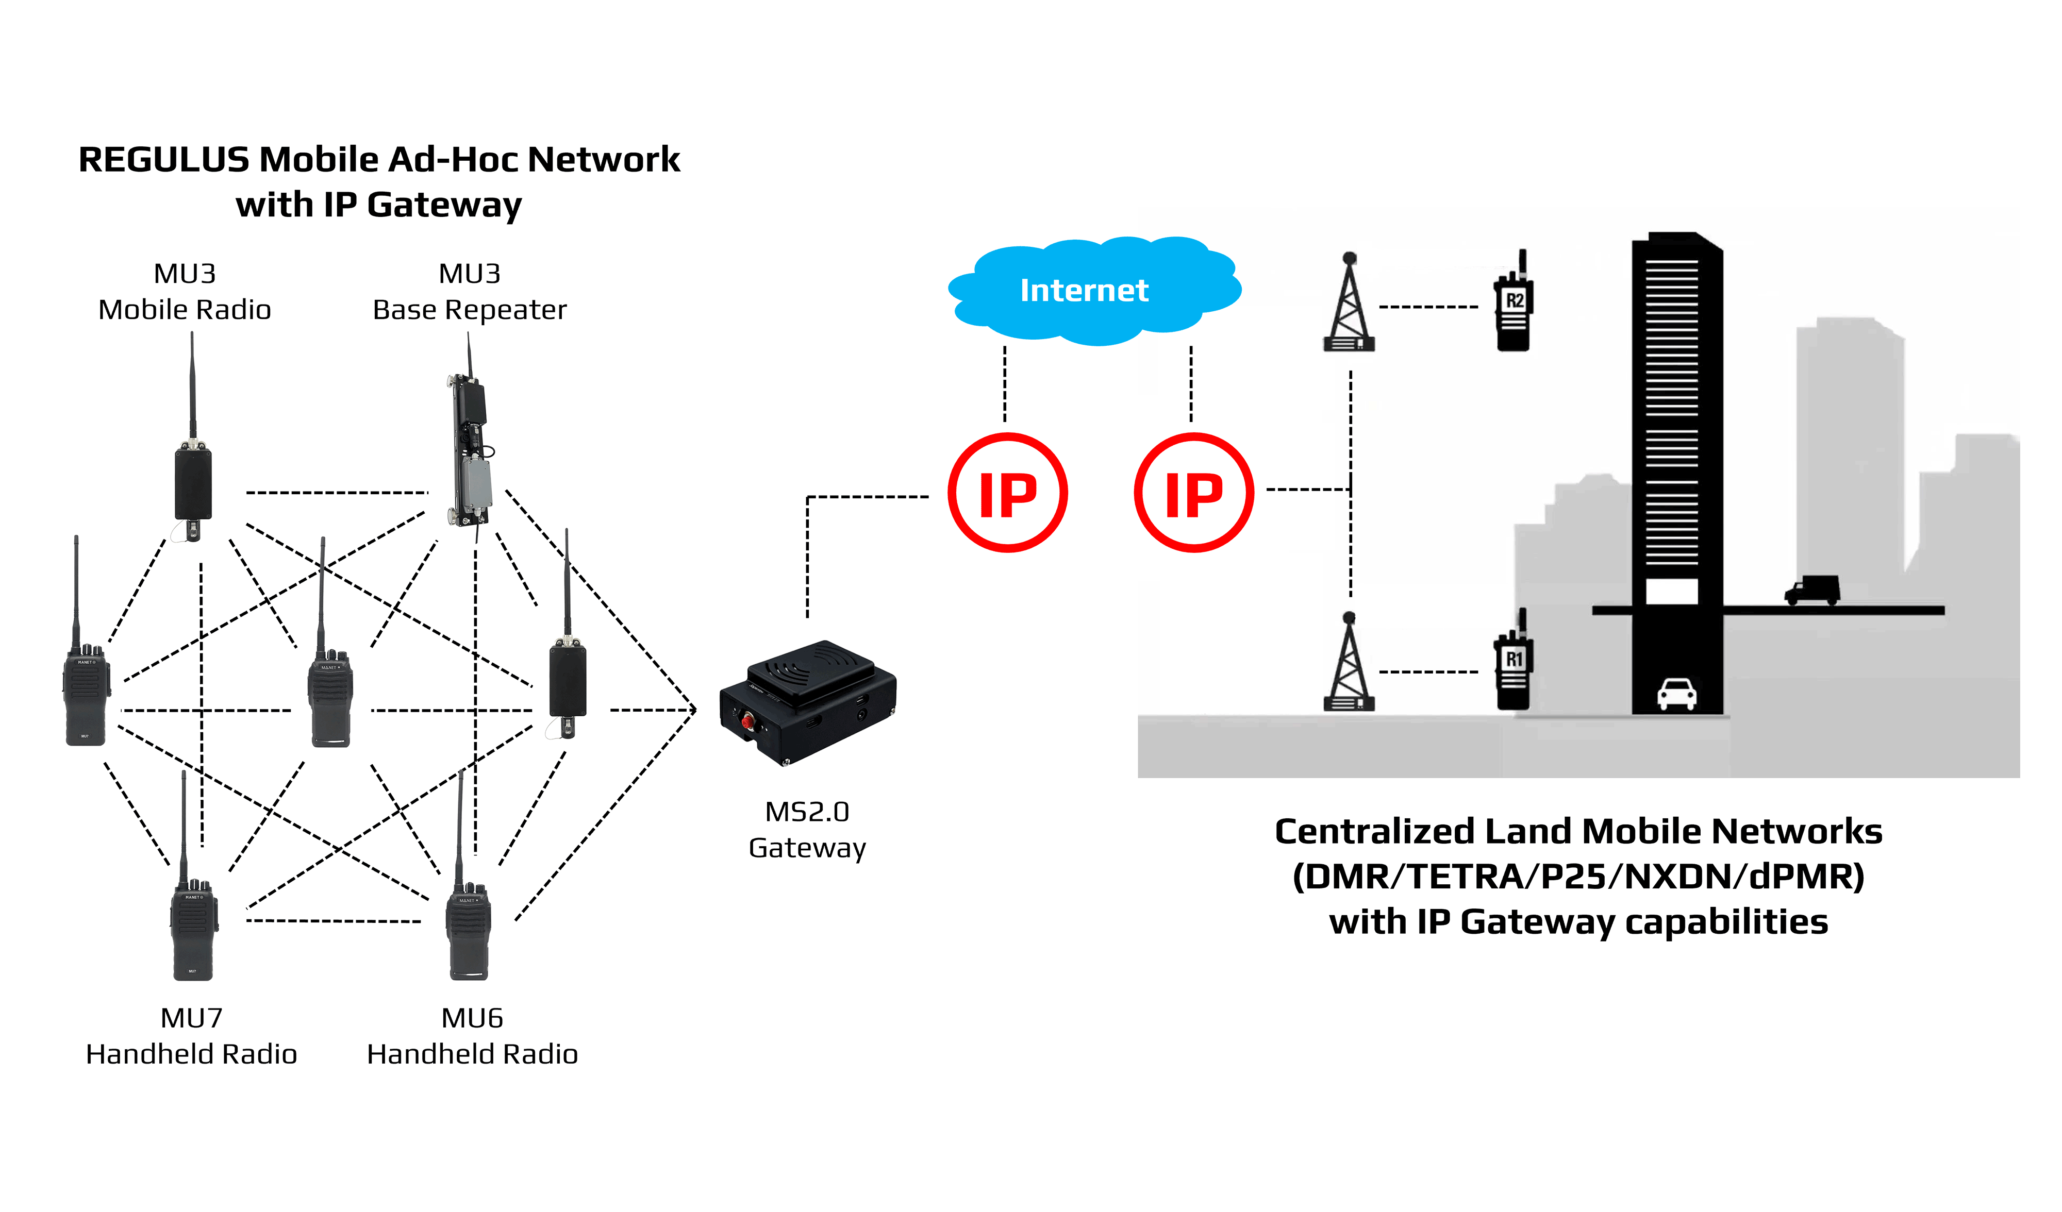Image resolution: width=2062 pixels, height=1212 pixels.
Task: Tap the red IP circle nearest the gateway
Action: (1007, 493)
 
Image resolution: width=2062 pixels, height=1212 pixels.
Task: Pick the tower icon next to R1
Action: (1349, 664)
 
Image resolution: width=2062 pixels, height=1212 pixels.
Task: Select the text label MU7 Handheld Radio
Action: (191, 1036)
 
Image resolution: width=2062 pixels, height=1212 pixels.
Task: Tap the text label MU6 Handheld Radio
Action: (472, 1036)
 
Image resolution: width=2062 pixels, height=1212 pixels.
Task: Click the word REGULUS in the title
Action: (163, 159)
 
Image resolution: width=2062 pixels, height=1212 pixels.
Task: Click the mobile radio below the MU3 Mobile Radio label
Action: (193, 482)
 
